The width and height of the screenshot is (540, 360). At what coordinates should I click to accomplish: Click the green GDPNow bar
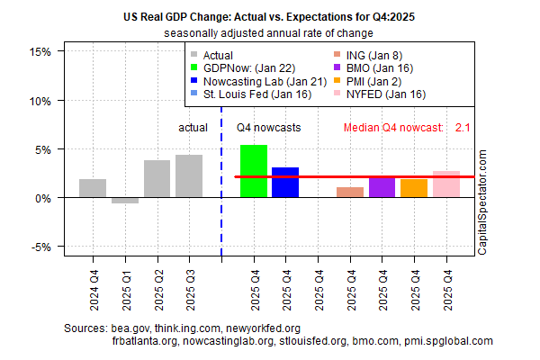pos(253,171)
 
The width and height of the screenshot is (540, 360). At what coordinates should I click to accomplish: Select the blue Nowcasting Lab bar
pos(285,183)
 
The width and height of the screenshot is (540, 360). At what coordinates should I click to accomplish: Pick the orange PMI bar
pos(414,188)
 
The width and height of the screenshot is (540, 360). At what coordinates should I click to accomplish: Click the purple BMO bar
pos(382,187)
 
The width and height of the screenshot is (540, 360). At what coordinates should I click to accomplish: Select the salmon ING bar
pos(350,193)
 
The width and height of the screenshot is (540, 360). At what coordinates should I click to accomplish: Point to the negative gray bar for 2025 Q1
pos(125,201)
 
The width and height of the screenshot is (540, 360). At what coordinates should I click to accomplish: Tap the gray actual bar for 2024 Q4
pos(93,188)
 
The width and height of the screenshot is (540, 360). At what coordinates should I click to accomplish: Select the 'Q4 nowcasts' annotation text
pos(269,128)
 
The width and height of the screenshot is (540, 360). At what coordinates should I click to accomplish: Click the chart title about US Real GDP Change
pos(270,16)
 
